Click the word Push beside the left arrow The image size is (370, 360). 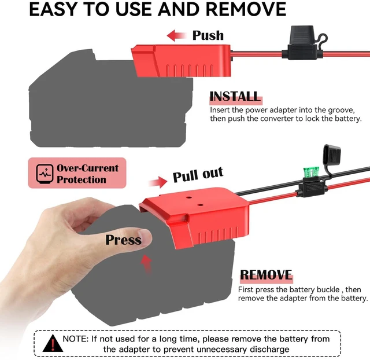[x=208, y=36]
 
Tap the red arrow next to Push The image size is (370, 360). [x=176, y=36]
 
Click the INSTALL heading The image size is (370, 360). [x=235, y=97]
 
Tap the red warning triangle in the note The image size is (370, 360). [x=53, y=343]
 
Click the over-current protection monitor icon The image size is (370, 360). [x=45, y=174]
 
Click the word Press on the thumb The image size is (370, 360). [x=123, y=240]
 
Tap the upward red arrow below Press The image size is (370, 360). [x=146, y=264]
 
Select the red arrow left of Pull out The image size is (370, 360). [x=158, y=182]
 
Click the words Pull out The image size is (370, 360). [x=198, y=174]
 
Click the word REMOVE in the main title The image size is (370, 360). [x=246, y=9]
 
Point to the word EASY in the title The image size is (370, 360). [x=53, y=9]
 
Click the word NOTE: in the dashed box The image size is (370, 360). [x=76, y=339]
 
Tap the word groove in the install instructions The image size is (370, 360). [x=342, y=110]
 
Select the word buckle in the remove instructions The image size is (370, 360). [x=328, y=289]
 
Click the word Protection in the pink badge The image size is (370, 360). [x=82, y=180]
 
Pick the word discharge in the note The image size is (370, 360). [x=269, y=349]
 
